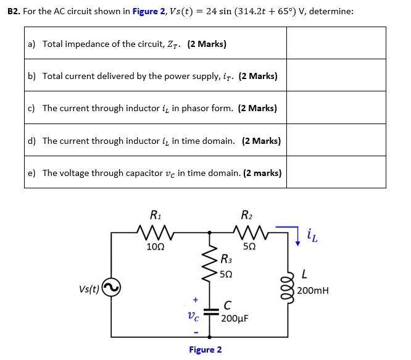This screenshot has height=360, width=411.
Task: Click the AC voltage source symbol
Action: tap(111, 288)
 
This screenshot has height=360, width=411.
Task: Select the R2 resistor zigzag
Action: tap(249, 233)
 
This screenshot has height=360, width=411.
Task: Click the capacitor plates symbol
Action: tap(210, 313)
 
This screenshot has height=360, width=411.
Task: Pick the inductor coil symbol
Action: tap(288, 288)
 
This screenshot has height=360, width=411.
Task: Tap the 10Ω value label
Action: tap(156, 247)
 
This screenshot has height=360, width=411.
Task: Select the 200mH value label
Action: tap(313, 291)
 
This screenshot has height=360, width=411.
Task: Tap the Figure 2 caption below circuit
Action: tap(205, 350)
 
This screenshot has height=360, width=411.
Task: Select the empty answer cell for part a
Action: tap(336, 44)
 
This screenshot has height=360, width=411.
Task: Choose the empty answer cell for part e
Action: tap(336, 173)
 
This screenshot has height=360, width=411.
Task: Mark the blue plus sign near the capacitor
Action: tap(195, 299)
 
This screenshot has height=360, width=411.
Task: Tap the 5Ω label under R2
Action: tap(249, 247)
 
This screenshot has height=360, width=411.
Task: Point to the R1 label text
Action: tap(156, 216)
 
